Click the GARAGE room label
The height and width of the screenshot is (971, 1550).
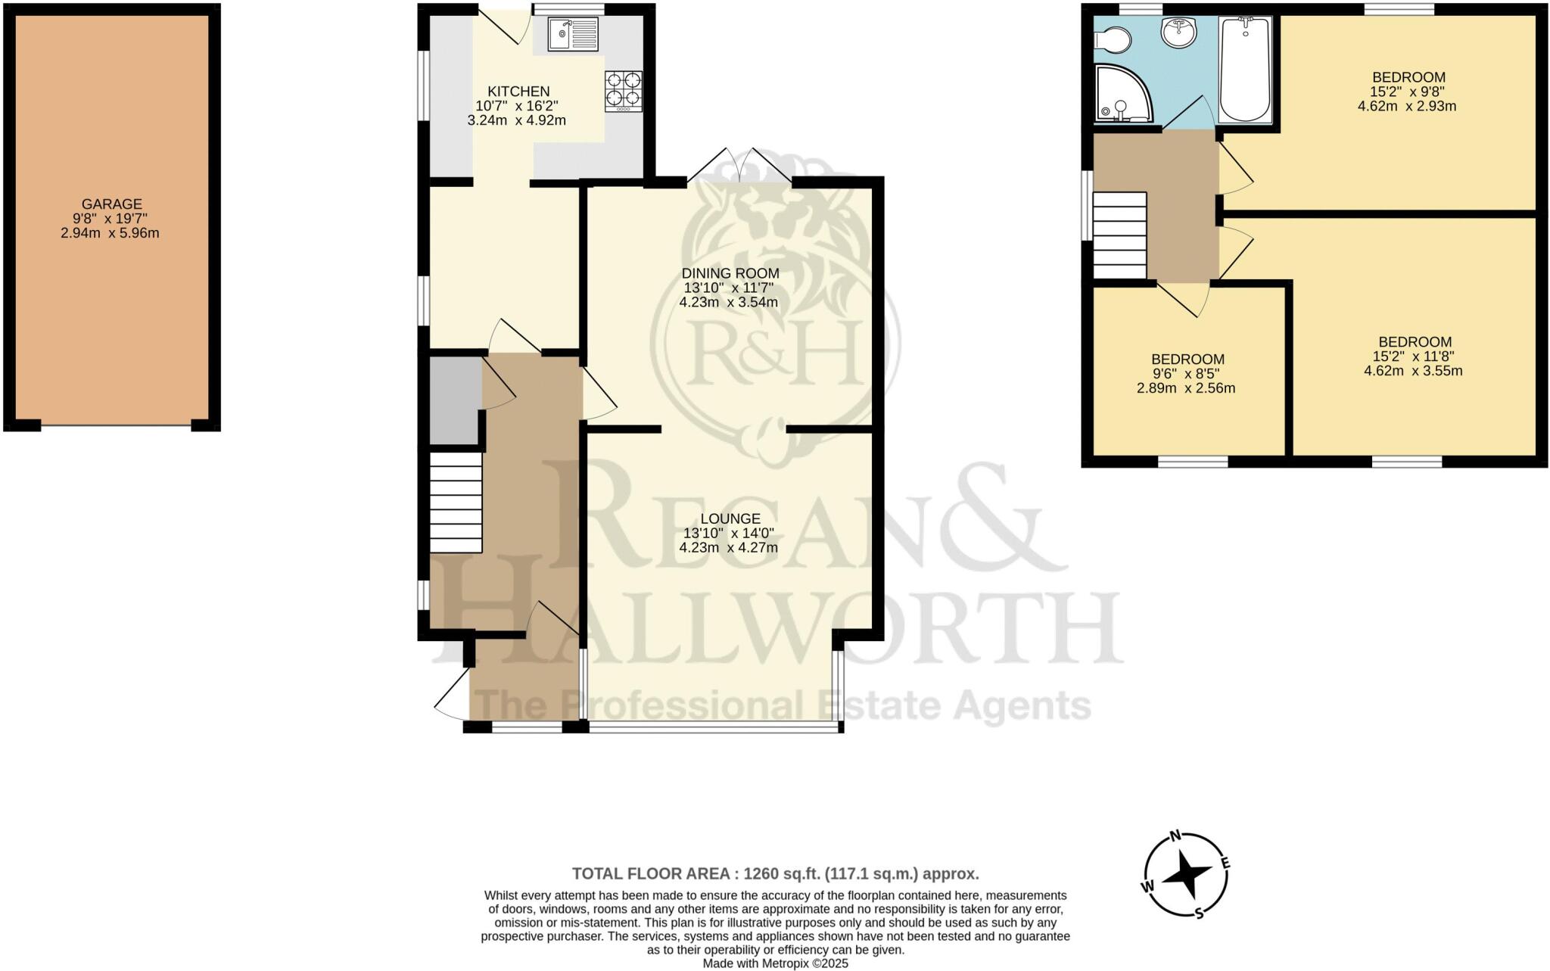coord(112,204)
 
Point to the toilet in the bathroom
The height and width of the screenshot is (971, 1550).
coord(1113,39)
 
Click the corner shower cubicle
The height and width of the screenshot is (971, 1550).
coord(1122,95)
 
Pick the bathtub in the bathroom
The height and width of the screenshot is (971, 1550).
coord(1245,70)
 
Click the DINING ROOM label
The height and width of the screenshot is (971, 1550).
coord(730,273)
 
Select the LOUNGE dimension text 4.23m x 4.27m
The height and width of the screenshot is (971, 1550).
coord(728,548)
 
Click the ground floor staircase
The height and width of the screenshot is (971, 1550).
coord(456,503)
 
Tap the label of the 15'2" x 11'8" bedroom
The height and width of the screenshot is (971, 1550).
coord(1414,342)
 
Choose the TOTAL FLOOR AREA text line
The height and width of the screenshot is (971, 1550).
coord(775,874)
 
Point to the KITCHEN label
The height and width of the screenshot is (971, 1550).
coord(518,92)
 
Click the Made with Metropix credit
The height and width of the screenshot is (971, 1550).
coord(775,963)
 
